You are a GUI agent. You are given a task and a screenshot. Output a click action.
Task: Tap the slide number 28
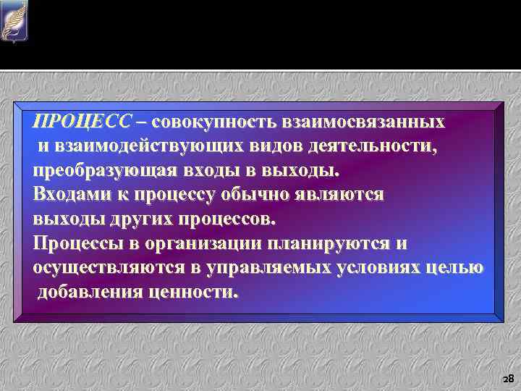(x=507, y=378)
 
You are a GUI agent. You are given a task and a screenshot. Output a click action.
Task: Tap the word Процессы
(x=79, y=243)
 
